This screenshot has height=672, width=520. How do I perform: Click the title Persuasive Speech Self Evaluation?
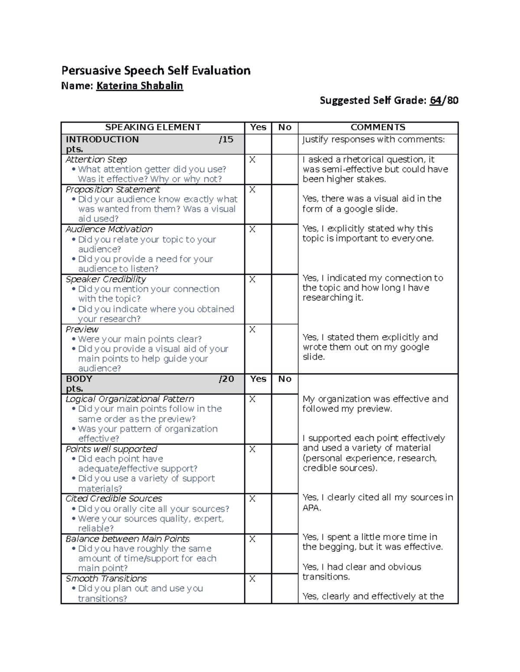coord(156,71)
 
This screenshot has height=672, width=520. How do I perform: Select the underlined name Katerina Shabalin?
coord(140,86)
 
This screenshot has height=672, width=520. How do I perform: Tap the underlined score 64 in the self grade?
coord(435,100)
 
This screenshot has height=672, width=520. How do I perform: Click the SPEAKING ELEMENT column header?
coord(153,127)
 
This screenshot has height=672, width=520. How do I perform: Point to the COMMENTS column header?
coord(378,127)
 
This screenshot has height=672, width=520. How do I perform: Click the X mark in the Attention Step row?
coord(252,160)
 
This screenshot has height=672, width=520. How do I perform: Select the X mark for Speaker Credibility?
coord(252,280)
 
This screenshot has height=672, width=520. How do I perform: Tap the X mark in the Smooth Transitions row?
coord(252,579)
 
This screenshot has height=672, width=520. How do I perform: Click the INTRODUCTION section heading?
coord(102,139)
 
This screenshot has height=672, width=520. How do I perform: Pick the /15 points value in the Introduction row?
coord(226,139)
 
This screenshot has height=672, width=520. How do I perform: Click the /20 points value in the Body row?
coord(226,379)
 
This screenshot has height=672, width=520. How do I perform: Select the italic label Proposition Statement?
coord(113,190)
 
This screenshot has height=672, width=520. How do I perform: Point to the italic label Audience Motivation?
coord(109,229)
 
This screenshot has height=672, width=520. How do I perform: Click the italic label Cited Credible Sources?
coord(114,498)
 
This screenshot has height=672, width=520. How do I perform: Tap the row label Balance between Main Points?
coord(127,539)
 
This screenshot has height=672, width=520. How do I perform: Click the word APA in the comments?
coord(311,508)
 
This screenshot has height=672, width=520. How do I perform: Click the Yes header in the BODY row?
coord(258,379)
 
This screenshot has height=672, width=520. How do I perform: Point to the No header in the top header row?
coord(285,127)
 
